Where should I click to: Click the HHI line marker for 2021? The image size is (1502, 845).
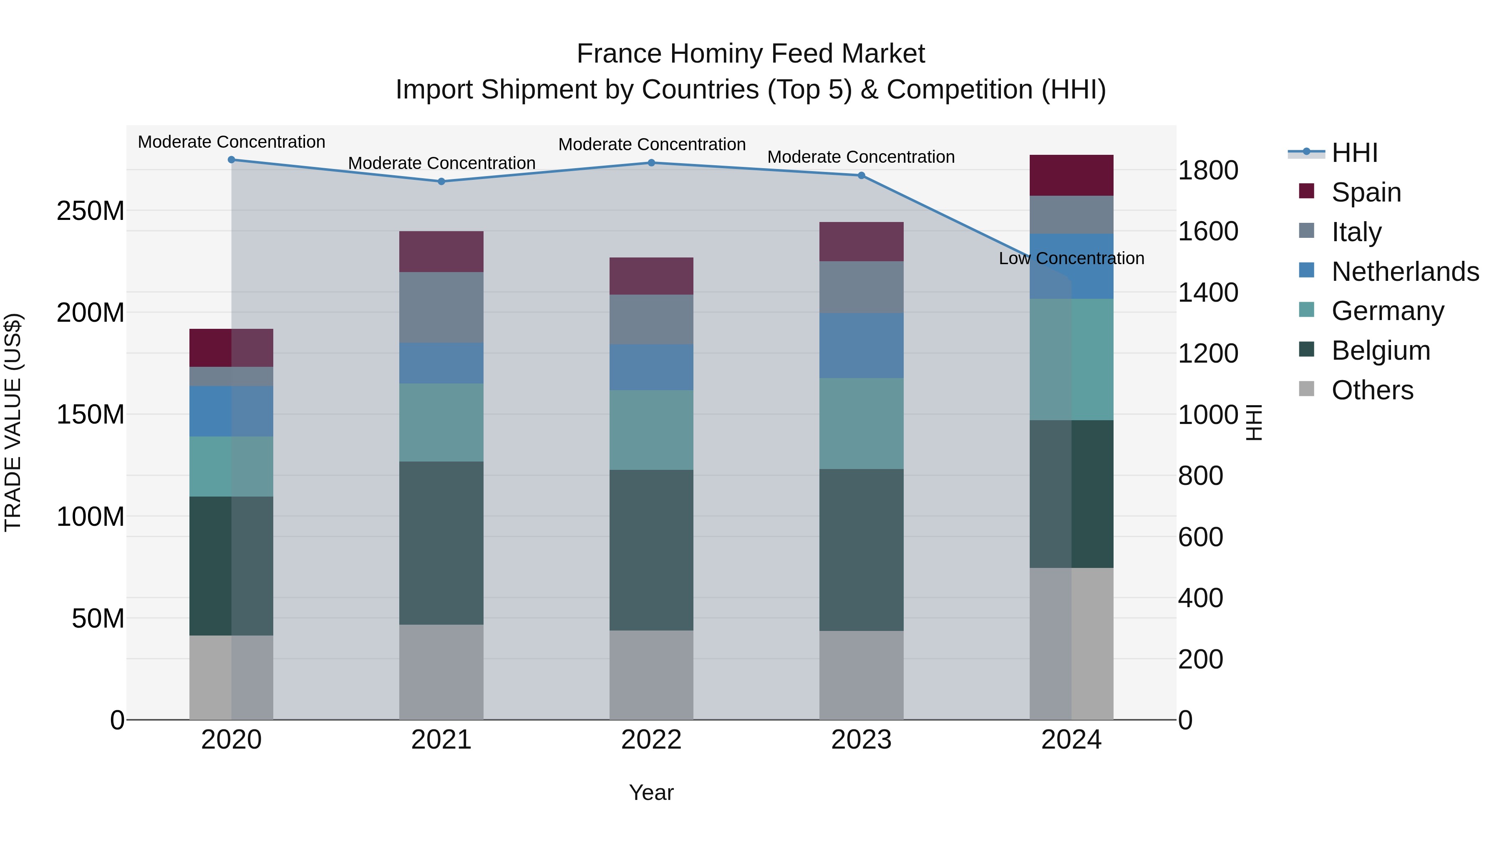[x=441, y=182]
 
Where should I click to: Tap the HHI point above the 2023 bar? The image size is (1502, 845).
[x=861, y=176]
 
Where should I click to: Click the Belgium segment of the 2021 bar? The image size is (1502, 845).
[x=441, y=543]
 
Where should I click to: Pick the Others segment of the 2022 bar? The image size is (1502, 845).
[x=651, y=675]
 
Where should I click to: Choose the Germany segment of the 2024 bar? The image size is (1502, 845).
[x=1071, y=359]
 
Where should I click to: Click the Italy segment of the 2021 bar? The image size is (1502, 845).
[x=441, y=307]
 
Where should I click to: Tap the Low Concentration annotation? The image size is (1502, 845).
[x=1071, y=258]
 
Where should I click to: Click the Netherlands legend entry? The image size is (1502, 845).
[x=1405, y=272]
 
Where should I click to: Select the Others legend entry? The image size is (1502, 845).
[x=1372, y=390]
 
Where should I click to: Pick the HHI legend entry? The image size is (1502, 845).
[x=1354, y=153]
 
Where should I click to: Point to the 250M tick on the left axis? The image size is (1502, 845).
[x=91, y=211]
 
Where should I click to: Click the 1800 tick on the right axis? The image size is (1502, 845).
[x=1207, y=170]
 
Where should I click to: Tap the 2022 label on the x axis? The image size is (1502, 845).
[x=651, y=740]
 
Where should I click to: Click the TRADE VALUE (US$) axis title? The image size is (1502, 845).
[x=13, y=422]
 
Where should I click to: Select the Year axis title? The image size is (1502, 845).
[x=651, y=792]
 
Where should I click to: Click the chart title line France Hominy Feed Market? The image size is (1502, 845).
[x=751, y=54]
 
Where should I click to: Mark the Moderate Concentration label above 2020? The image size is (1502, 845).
[x=232, y=142]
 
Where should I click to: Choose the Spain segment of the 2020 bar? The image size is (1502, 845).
[x=232, y=348]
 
